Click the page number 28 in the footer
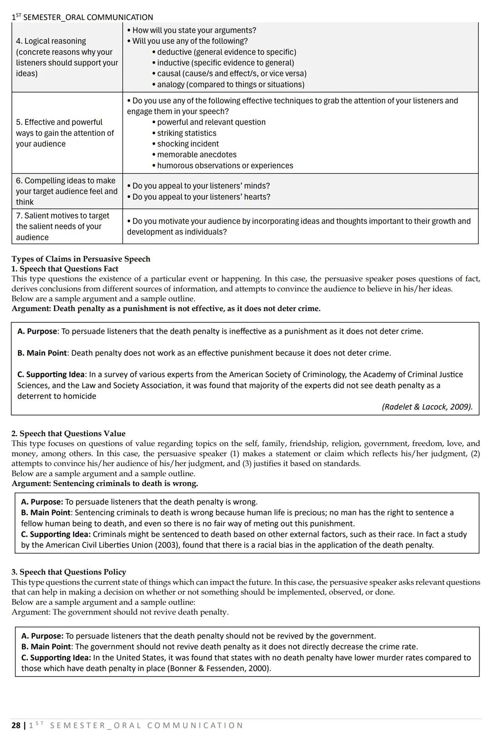(16, 726)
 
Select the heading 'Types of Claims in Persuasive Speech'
(81, 259)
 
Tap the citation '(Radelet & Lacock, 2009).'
(427, 407)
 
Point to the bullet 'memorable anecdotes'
(196, 155)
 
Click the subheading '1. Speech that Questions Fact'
(65, 269)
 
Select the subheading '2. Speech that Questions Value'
(68, 434)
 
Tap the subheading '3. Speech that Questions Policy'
(69, 572)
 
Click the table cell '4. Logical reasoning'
(51, 41)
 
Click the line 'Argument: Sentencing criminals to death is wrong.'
(105, 483)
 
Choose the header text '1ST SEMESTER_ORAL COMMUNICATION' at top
(82, 17)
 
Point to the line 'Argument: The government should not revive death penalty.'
(120, 612)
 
